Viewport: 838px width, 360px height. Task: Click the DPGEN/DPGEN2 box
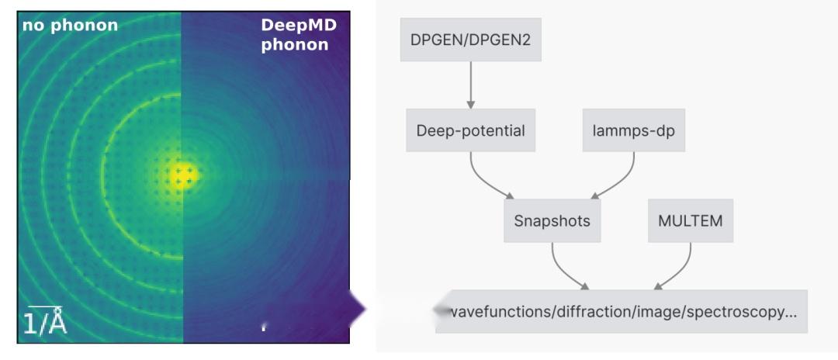[x=470, y=40]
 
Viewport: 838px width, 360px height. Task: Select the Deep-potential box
[x=470, y=130]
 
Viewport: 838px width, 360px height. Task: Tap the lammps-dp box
[x=633, y=130]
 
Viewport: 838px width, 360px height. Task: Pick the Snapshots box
[x=552, y=220]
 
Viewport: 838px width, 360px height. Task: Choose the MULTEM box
[x=690, y=220]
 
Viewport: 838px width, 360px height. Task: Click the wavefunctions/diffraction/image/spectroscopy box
[x=622, y=311]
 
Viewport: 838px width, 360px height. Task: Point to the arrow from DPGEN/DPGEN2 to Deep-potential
[x=470, y=85]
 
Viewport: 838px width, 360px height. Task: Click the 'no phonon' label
[x=70, y=26]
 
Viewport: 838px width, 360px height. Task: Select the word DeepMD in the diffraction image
[x=299, y=26]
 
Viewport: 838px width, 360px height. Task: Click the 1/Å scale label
[x=45, y=323]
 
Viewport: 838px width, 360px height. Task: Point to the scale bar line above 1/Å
[x=45, y=308]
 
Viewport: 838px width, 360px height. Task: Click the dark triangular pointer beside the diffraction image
[x=357, y=309]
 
